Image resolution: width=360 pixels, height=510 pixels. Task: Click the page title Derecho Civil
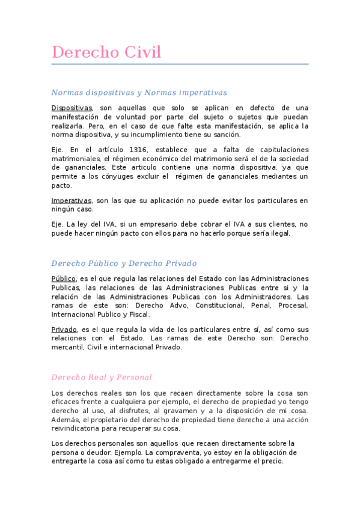tap(106, 52)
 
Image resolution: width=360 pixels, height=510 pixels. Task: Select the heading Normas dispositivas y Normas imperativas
tap(139, 93)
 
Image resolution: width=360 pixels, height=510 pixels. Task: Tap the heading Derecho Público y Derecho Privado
tap(124, 263)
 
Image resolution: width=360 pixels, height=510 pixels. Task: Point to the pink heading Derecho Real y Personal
tap(102, 377)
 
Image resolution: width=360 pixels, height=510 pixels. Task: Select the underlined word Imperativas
tap(72, 200)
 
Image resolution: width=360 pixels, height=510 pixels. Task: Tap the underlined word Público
tap(64, 278)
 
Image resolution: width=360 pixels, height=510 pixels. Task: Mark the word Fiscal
tap(138, 314)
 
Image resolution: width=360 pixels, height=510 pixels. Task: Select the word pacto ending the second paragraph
tap(61, 186)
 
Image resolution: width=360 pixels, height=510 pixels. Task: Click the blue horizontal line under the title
tap(180, 64)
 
